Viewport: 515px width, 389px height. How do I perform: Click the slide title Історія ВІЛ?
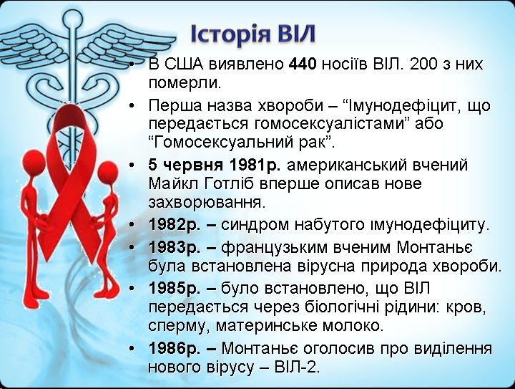tap(253, 34)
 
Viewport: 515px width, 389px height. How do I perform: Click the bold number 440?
tap(303, 64)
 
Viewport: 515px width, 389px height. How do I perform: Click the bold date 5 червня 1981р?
tap(214, 165)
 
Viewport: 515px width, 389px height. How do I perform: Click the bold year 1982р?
tap(175, 225)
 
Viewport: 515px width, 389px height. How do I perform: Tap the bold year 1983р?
tap(175, 247)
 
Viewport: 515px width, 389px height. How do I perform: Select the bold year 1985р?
tap(175, 289)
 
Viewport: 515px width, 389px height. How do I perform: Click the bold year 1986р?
tap(175, 348)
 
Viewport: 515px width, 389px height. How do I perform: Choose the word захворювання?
tap(205, 203)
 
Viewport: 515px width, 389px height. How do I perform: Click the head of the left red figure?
tap(33, 160)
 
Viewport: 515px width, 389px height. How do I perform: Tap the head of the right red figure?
tap(108, 171)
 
